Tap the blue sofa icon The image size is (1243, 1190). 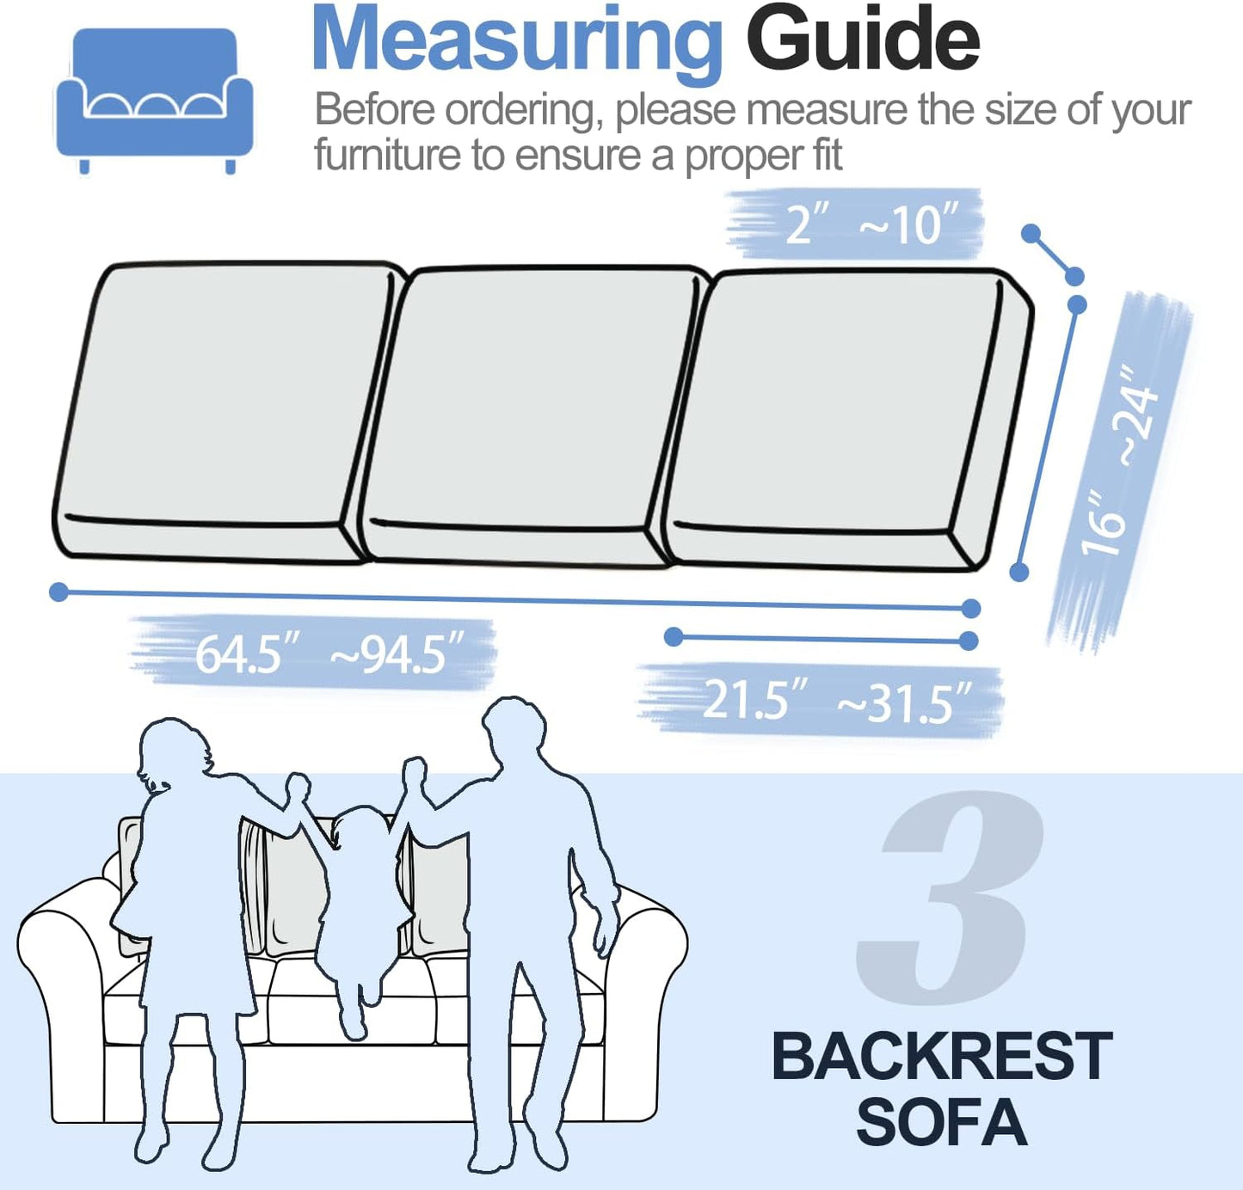click(x=154, y=99)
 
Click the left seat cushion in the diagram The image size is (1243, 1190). click(x=224, y=404)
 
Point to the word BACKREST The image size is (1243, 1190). click(x=941, y=1056)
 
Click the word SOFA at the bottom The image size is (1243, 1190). click(x=941, y=1123)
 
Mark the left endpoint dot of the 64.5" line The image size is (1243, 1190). click(x=58, y=592)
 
